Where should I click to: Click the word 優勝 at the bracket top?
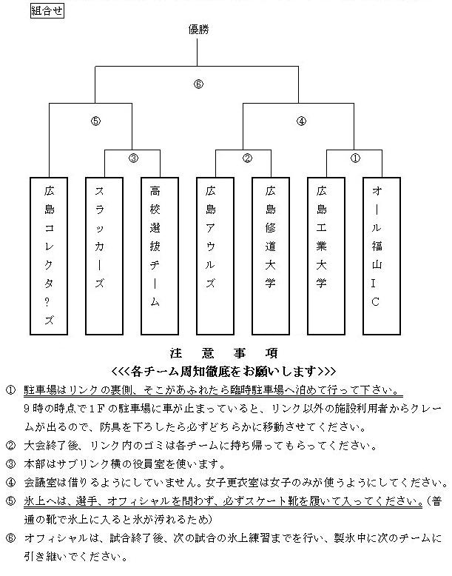[x=199, y=30]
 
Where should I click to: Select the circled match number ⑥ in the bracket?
[x=198, y=84]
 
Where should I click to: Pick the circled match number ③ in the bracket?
[x=133, y=158]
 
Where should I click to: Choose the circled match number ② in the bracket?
[x=247, y=158]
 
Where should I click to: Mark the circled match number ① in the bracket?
[x=356, y=158]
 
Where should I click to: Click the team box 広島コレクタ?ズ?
[x=50, y=256]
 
